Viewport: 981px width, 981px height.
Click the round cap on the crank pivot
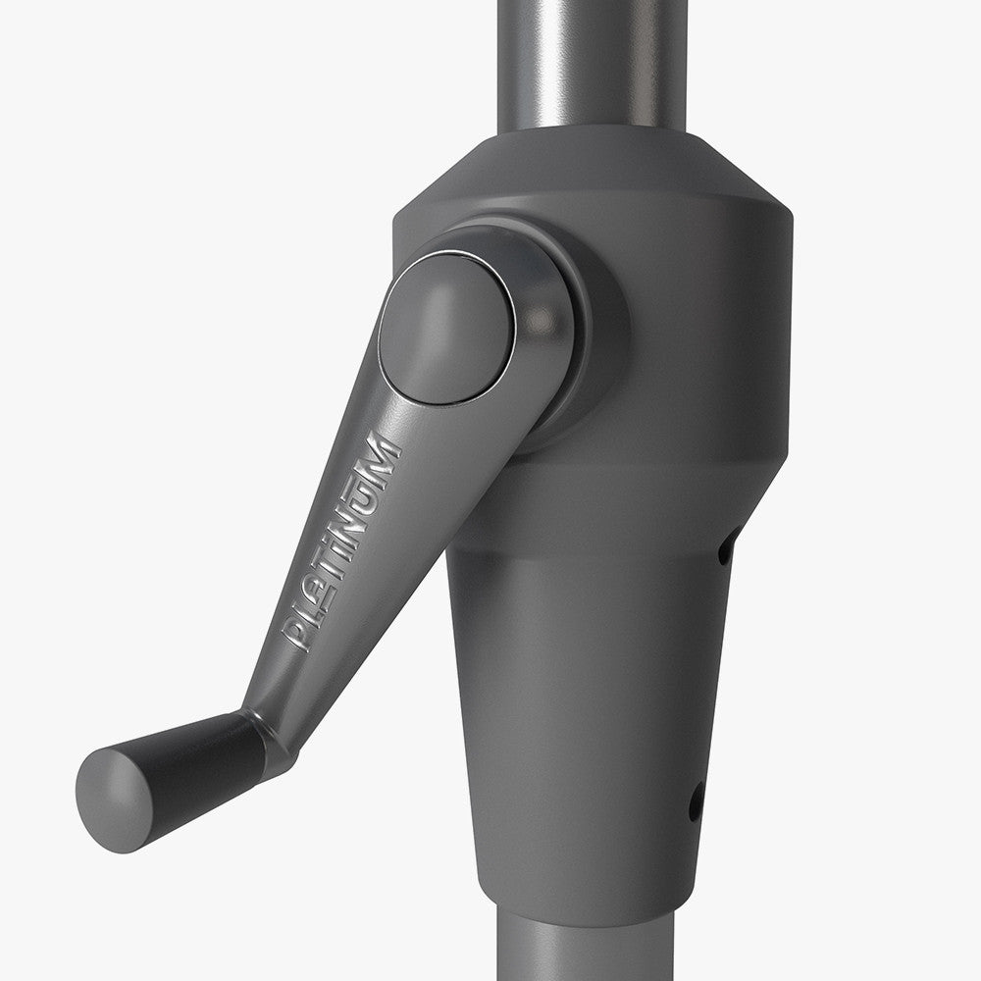pos(446,328)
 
